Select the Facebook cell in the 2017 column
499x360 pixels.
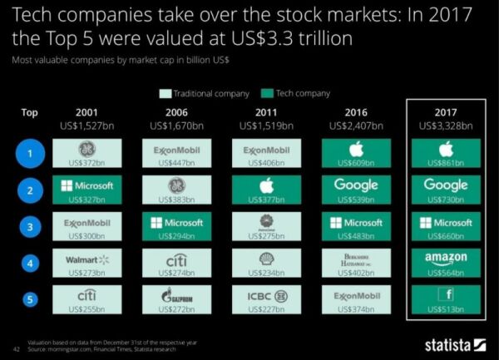[x=446, y=298]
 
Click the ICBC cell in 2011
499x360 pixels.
[x=266, y=298]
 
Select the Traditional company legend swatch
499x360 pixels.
[x=167, y=94]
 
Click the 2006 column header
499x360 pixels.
[x=176, y=112]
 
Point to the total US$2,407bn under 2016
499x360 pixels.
[x=355, y=126]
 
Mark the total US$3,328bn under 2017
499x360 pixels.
[x=446, y=126]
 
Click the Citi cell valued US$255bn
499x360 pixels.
[x=87, y=298]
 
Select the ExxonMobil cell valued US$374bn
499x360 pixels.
[x=355, y=298]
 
